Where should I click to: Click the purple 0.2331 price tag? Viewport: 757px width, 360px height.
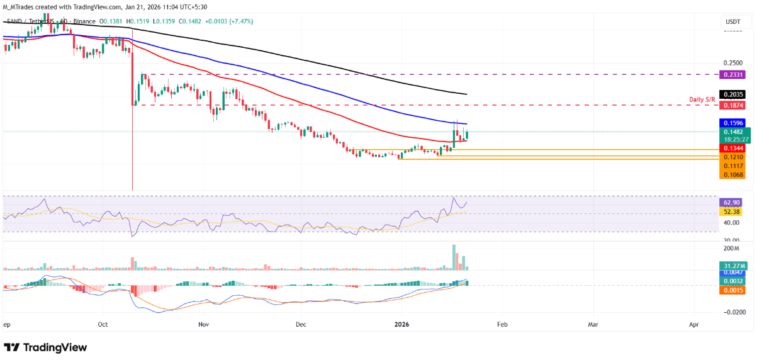(x=732, y=74)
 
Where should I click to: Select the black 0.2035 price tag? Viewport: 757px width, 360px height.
(x=732, y=94)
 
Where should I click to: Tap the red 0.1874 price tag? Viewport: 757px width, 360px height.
(x=732, y=105)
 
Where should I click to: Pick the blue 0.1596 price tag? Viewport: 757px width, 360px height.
(x=732, y=123)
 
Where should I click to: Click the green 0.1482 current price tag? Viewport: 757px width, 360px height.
(x=732, y=132)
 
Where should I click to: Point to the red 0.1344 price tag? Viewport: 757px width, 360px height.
(x=732, y=149)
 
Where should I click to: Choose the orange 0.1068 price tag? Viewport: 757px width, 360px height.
(x=732, y=174)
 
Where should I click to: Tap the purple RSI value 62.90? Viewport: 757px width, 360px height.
(x=732, y=203)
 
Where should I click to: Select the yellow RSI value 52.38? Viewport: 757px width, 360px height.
(x=732, y=212)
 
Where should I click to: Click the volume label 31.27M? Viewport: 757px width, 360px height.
(x=732, y=266)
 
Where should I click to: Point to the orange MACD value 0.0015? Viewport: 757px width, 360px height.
(x=732, y=290)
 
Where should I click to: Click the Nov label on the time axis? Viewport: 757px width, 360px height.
(x=203, y=325)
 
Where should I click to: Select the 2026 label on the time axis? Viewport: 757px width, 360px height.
(x=401, y=325)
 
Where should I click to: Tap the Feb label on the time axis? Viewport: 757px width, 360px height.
(x=502, y=325)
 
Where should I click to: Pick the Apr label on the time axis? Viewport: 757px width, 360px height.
(x=694, y=325)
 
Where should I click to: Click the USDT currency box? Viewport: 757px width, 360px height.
(x=732, y=22)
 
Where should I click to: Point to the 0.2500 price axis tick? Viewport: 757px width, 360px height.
(x=732, y=63)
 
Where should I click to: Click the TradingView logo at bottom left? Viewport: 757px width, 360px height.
(x=45, y=347)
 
